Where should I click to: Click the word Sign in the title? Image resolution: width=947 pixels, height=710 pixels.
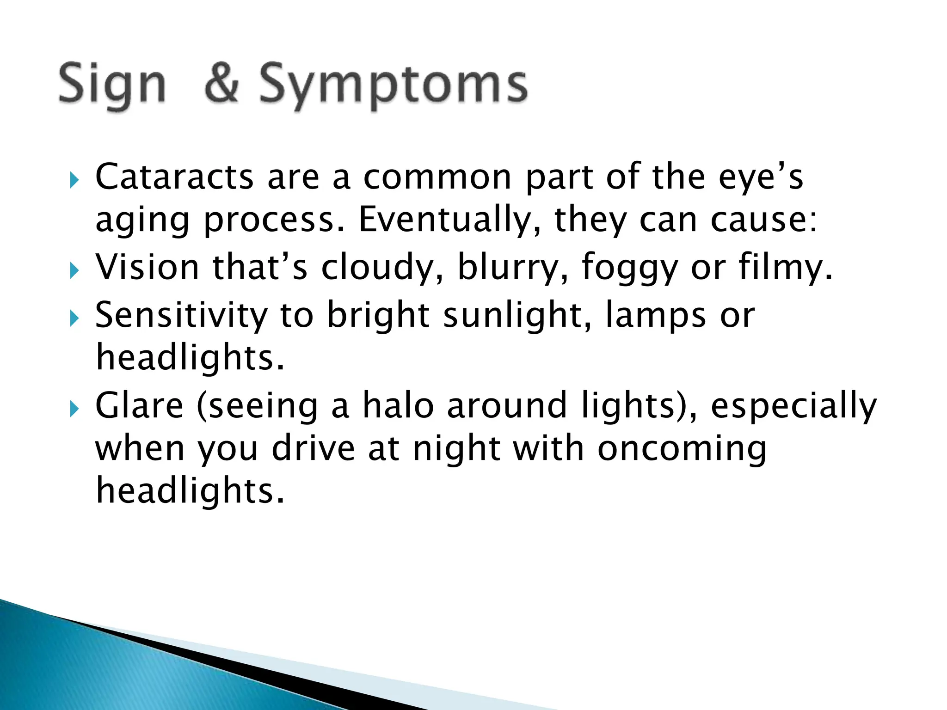coord(112,86)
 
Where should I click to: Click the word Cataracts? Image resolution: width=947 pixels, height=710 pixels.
coord(174,177)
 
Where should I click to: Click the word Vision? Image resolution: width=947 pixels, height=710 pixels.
coord(147,267)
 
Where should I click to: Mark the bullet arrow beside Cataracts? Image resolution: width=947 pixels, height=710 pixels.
coord(74,180)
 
